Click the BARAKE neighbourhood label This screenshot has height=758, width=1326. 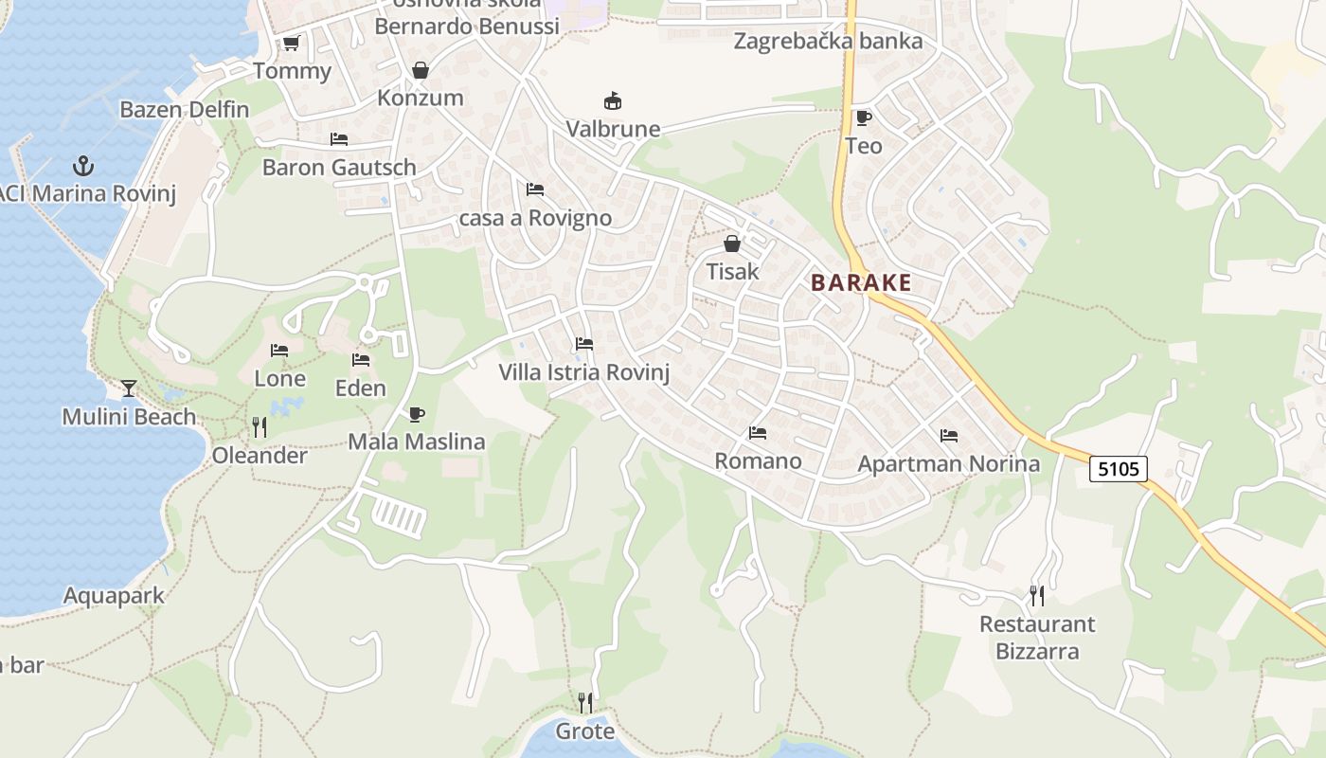[861, 282]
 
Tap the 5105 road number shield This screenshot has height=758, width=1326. [1118, 468]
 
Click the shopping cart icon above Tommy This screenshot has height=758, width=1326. [292, 44]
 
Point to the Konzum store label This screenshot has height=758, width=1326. [421, 98]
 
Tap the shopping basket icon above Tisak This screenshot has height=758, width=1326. [732, 244]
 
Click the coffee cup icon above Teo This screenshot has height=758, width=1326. [863, 117]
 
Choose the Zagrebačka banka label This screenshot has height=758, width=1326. [828, 41]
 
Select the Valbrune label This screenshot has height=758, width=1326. [613, 129]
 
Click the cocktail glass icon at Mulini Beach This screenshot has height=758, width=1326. [129, 388]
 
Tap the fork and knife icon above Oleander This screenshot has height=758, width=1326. [260, 427]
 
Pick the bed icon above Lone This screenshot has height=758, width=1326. [279, 351]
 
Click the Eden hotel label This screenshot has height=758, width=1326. [361, 388]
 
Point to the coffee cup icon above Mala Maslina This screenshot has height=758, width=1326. [417, 414]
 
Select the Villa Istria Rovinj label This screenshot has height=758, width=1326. [584, 372]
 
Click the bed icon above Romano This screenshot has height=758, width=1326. [758, 433]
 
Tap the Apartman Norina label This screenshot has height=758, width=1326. [948, 464]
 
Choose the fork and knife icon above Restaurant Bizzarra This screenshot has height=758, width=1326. [1037, 595]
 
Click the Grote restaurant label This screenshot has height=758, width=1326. [585, 731]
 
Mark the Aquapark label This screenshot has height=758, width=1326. [114, 596]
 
